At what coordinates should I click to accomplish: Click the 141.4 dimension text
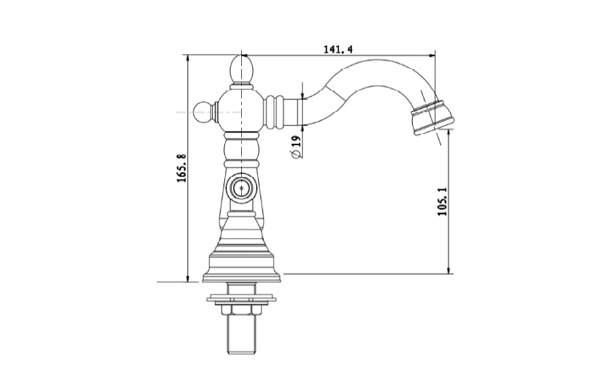[x=338, y=49]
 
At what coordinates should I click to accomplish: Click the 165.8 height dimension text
[x=182, y=168]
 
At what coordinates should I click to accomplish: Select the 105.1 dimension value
[x=442, y=201]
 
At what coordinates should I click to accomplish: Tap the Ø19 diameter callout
[x=297, y=147]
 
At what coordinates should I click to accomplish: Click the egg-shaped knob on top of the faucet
[x=242, y=70]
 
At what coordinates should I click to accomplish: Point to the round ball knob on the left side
[x=204, y=111]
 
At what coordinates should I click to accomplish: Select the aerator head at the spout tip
[x=431, y=118]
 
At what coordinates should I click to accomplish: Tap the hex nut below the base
[x=241, y=310]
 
